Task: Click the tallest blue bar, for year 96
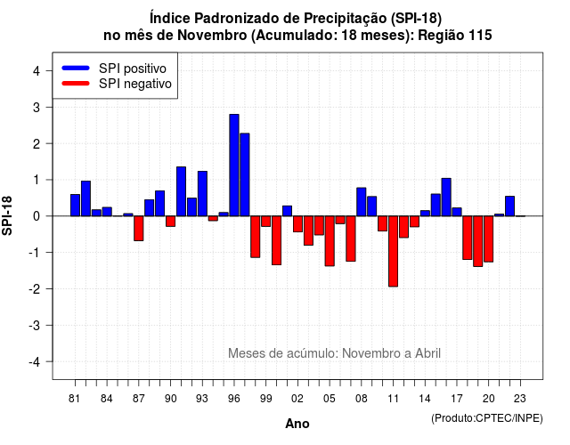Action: [234, 166]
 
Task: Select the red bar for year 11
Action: [393, 251]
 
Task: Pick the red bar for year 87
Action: [139, 229]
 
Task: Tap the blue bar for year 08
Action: [362, 202]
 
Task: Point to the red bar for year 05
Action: [330, 241]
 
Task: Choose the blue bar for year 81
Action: [75, 206]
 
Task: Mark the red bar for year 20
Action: [489, 239]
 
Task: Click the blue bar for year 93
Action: [202, 194]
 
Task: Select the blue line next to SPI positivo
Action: [76, 68]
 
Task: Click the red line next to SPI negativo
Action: [76, 83]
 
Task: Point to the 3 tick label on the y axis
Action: [37, 108]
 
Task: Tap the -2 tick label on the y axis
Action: [35, 289]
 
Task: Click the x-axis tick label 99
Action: [265, 399]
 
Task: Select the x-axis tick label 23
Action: [520, 399]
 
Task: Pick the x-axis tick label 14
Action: [424, 399]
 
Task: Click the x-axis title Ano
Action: [297, 424]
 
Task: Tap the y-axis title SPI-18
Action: [7, 215]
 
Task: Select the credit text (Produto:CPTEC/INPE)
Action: [487, 418]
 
